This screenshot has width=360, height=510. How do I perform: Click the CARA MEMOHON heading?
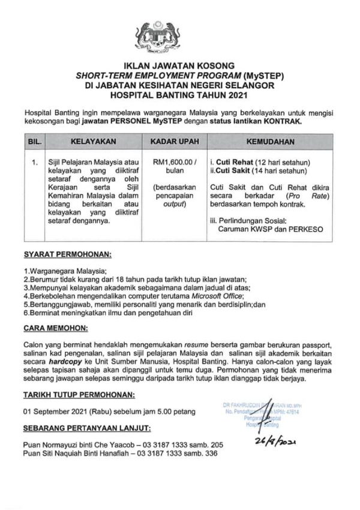(x=56, y=329)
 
